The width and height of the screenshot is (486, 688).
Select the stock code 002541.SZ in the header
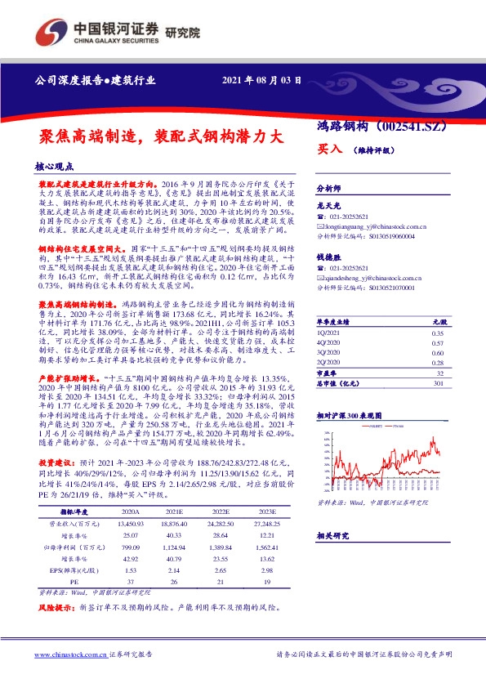click(412, 127)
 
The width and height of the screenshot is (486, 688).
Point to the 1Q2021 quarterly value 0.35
click(437, 334)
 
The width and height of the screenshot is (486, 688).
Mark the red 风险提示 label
click(56, 609)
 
